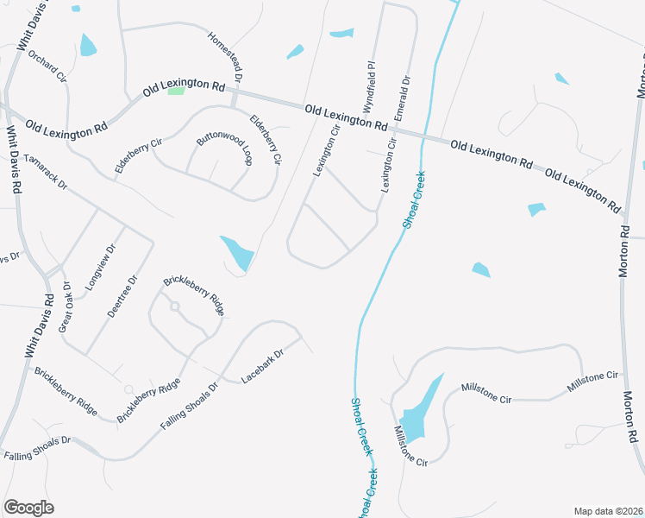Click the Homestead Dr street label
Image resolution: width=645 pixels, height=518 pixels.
(x=223, y=54)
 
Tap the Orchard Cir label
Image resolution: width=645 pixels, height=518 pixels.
(x=47, y=65)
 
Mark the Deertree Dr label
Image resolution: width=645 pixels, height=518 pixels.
(x=122, y=296)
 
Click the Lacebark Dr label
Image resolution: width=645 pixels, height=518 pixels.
(x=262, y=366)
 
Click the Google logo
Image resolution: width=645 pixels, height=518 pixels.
(x=28, y=508)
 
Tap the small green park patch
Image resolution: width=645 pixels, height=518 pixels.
(x=176, y=91)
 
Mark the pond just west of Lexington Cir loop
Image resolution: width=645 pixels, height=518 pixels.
(x=237, y=253)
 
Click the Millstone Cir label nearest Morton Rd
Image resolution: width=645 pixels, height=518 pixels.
(x=593, y=382)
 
